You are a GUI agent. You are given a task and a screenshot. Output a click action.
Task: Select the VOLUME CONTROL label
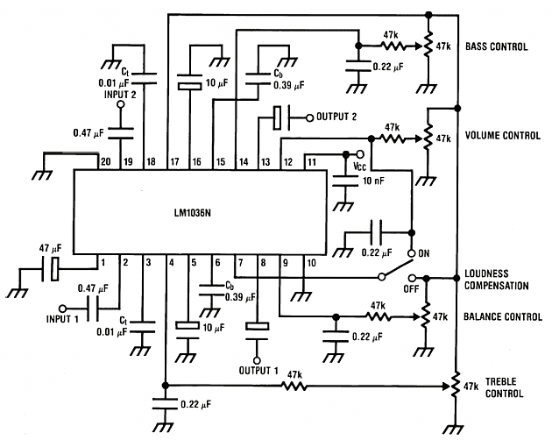click(x=502, y=137)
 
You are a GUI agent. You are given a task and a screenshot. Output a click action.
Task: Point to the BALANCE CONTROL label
click(x=503, y=316)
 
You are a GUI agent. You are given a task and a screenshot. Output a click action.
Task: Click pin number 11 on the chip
click(x=309, y=162)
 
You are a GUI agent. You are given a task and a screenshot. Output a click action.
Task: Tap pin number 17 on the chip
click(x=173, y=162)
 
